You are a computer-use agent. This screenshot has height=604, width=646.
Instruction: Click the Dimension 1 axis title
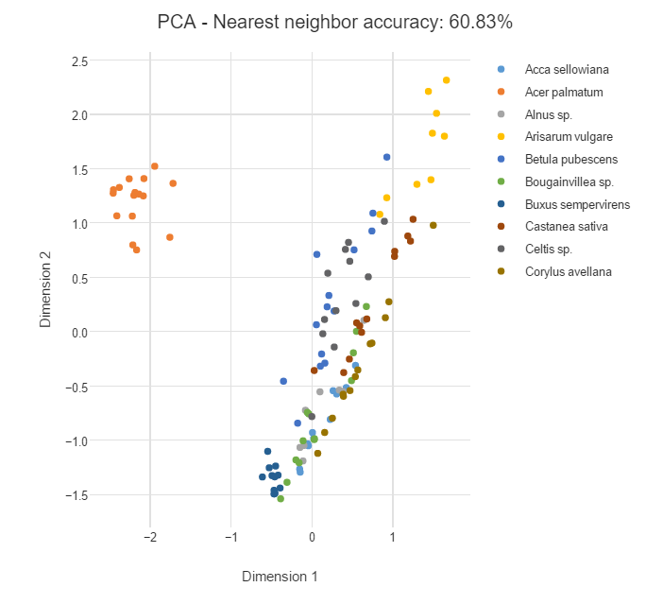280,576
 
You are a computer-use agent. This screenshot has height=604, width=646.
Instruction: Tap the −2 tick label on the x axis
149,537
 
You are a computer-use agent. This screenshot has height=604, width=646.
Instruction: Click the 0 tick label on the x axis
313,537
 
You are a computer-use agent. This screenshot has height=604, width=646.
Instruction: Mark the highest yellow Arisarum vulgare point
446,80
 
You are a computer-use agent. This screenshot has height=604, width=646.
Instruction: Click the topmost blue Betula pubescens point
387,157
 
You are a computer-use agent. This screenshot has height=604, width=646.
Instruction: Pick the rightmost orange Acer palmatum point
173,183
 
